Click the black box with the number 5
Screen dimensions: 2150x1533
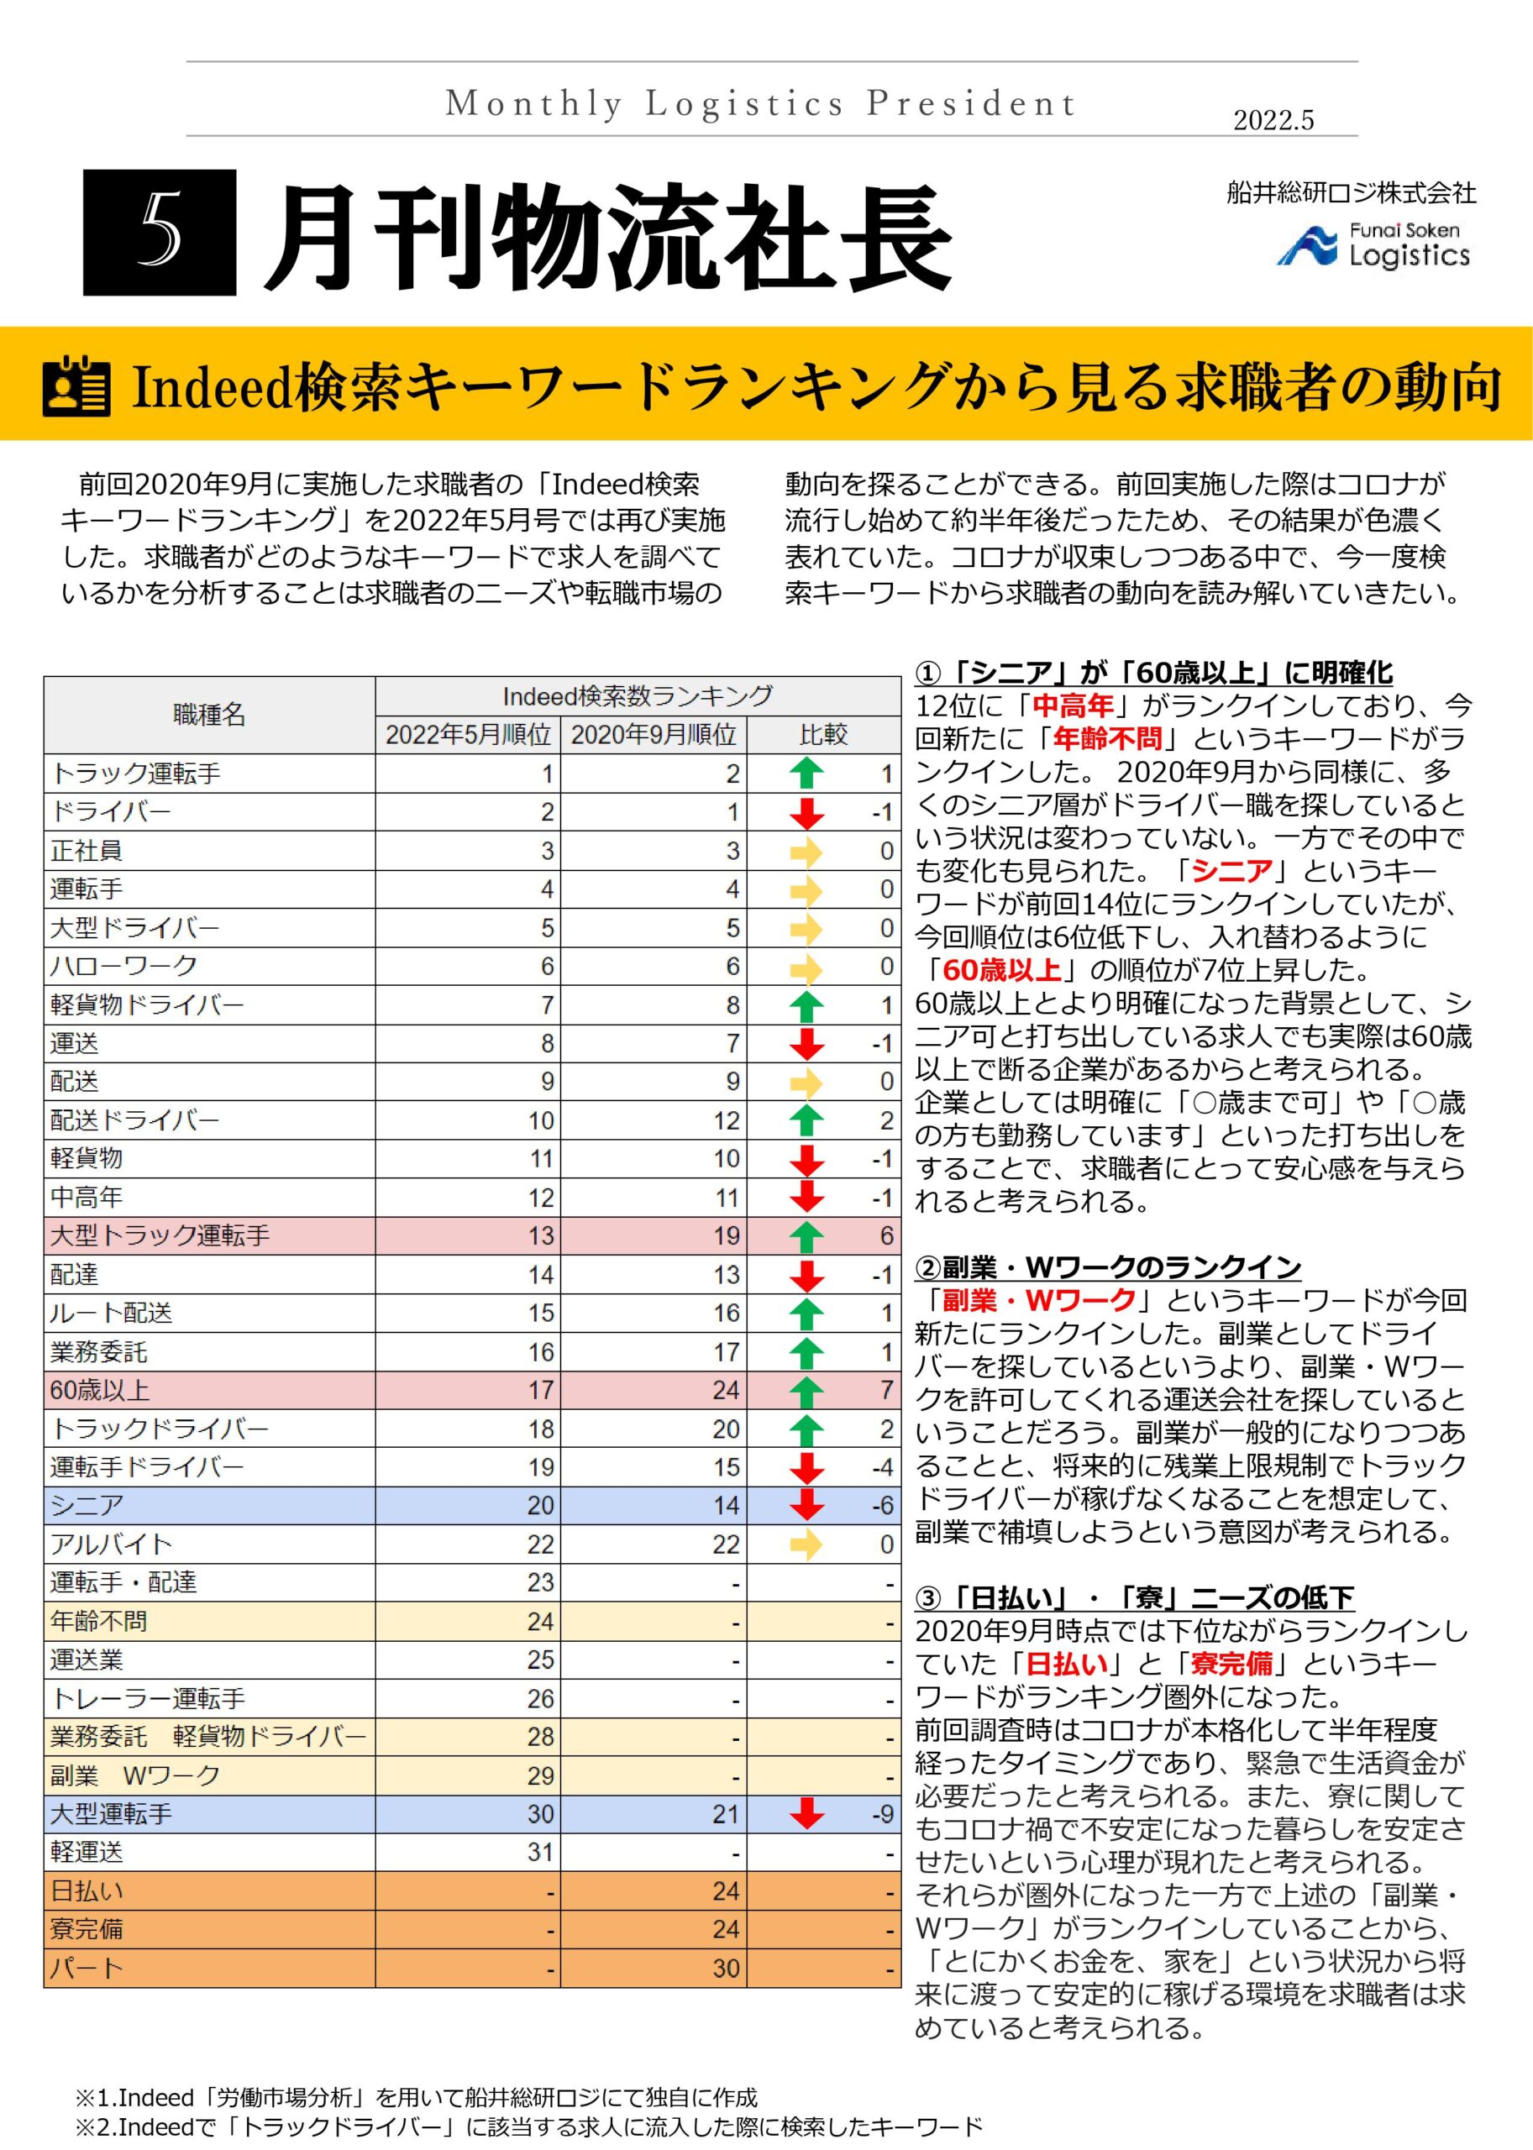coord(160,232)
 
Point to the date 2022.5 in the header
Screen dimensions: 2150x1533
coord(1273,120)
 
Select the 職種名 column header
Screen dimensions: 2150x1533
coord(209,715)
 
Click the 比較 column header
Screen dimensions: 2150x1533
coord(823,734)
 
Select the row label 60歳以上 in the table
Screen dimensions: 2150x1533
coord(100,1390)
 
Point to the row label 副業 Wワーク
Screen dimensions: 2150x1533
coord(135,1775)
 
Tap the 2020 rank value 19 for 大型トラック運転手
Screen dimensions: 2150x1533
coord(726,1236)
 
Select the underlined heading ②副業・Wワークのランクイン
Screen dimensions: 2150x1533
coord(1107,1266)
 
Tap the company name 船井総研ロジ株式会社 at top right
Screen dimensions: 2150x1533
coord(1351,192)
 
